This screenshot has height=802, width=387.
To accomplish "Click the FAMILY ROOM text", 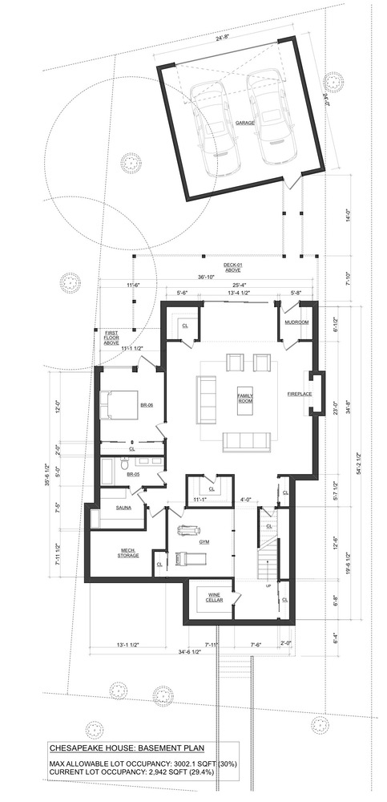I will click(x=245, y=398).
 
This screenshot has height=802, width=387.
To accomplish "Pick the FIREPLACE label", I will click(x=299, y=394).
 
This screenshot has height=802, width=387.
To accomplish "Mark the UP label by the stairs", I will click(x=268, y=586).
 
